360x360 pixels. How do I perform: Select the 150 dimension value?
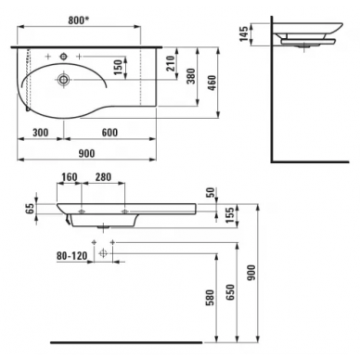tap(118, 68)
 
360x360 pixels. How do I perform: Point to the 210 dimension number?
tap(171, 63)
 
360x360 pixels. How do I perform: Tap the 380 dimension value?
tap(191, 76)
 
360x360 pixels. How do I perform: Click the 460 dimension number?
tap(212, 83)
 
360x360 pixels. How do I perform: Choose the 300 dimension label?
tap(41, 133)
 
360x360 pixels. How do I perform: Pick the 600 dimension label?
tap(109, 133)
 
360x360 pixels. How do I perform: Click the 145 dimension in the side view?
tap(244, 33)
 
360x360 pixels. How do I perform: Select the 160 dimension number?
tap(69, 177)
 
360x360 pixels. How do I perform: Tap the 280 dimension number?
tap(103, 177)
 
